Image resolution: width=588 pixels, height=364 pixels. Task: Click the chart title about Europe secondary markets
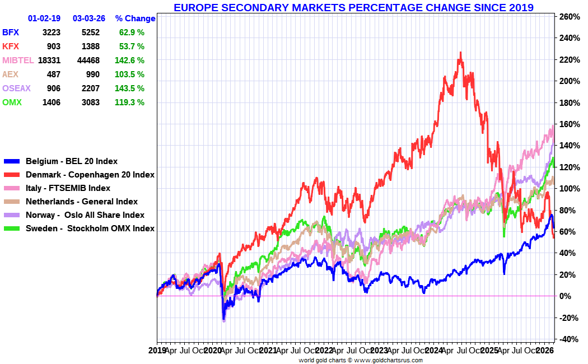coord(353,7)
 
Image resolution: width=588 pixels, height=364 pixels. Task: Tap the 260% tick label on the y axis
coord(570,17)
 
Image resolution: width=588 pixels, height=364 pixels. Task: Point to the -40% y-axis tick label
coord(569,339)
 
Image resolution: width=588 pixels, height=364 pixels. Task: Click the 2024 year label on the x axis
coord(434,351)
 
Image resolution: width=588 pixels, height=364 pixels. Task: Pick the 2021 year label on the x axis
coord(268,351)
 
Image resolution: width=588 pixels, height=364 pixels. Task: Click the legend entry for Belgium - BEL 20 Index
coord(71,161)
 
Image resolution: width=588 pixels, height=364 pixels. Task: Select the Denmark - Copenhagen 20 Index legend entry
coord(90,175)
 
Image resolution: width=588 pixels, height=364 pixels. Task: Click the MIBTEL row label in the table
coord(18,60)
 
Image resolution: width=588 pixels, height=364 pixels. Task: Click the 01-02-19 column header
coord(44,18)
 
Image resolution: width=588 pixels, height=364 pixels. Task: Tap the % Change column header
coord(135,18)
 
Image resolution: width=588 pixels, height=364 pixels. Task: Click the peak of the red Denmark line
coord(460,53)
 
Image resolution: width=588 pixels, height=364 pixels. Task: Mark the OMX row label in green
coord(12,102)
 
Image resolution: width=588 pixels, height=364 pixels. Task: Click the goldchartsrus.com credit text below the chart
coord(360,360)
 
